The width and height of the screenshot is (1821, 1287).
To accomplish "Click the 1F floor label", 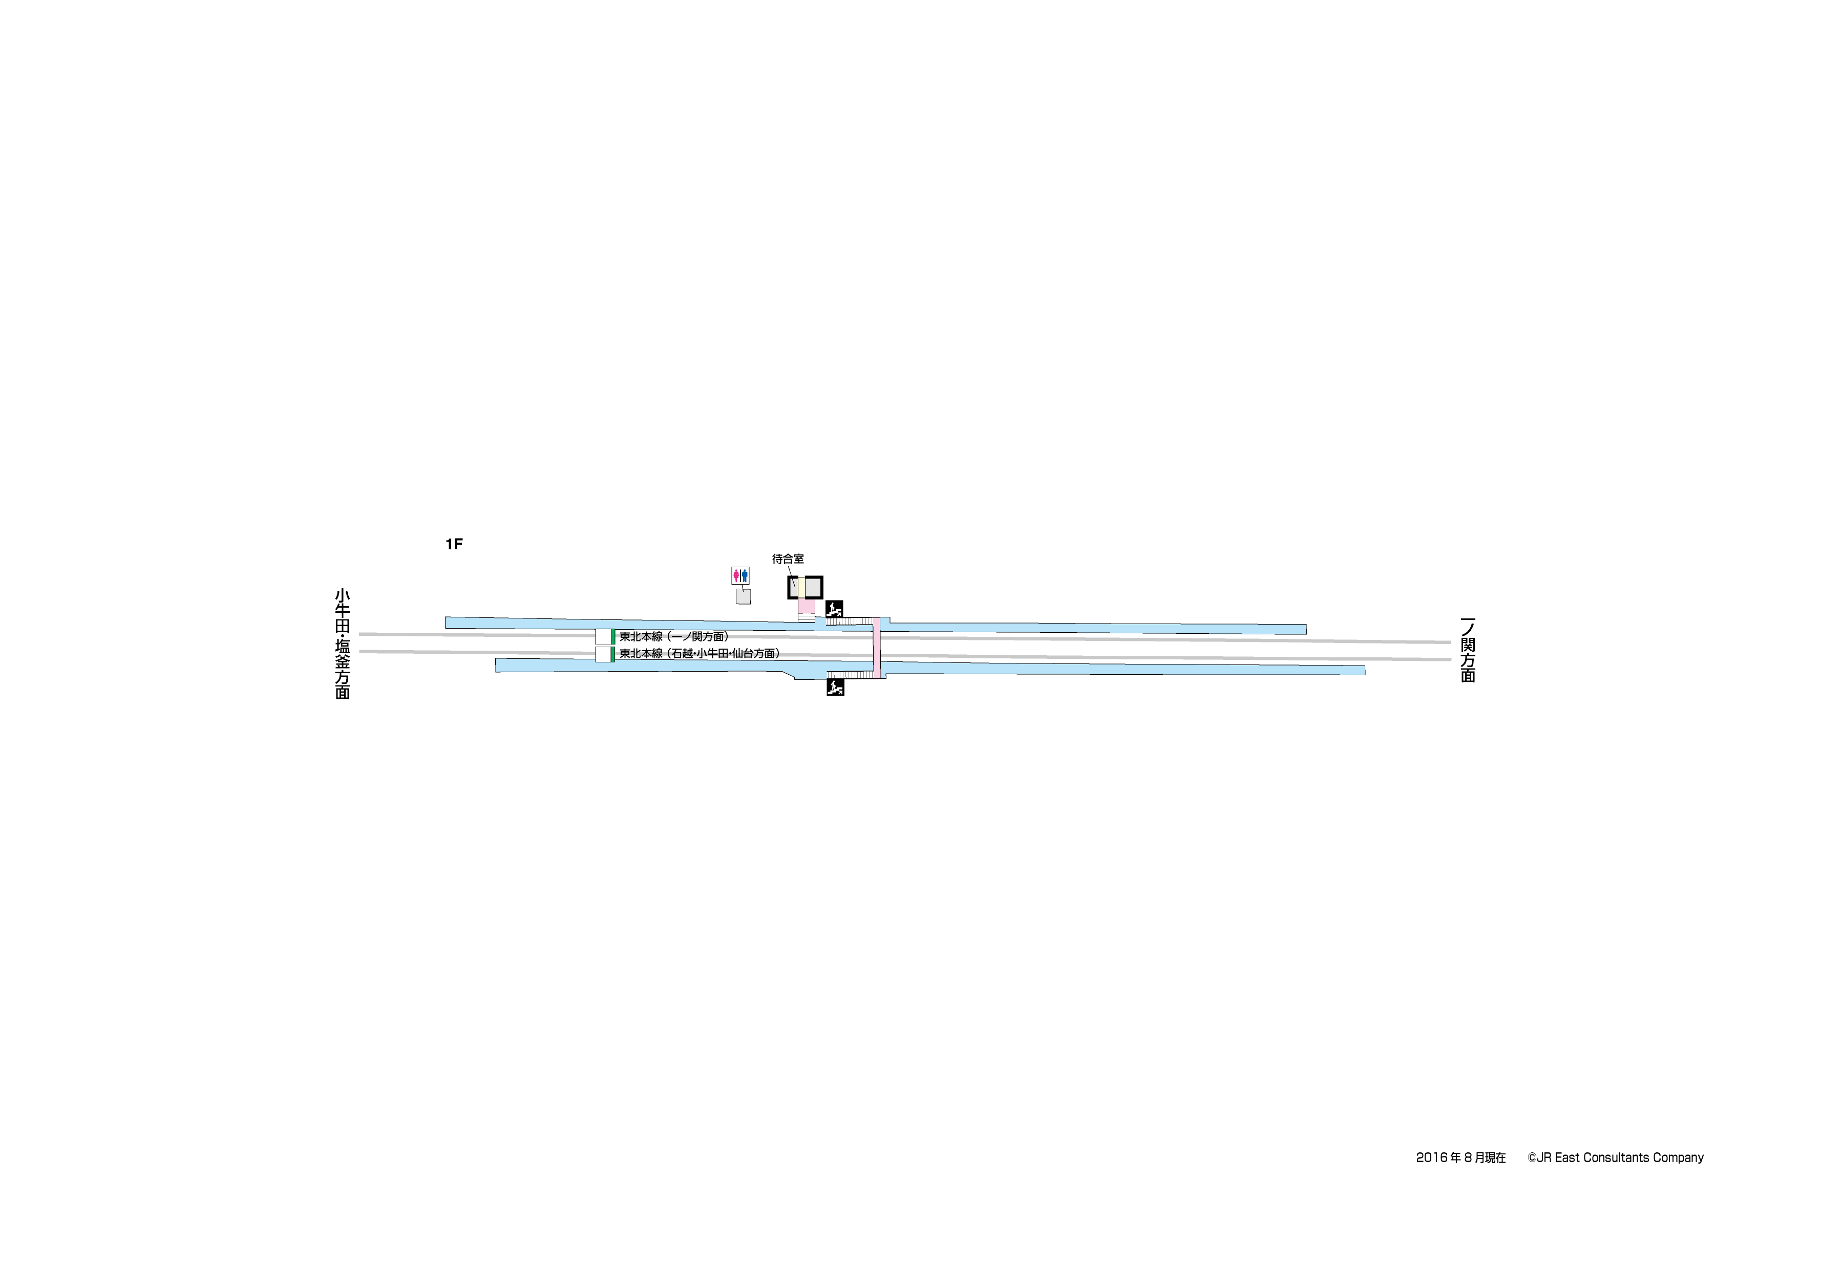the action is coord(454,544).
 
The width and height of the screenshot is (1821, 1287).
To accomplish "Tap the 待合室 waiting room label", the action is coord(788,559).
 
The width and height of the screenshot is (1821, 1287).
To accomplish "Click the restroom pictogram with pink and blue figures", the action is coord(740,575).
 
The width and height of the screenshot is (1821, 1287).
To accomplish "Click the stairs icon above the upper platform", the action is coord(834,609).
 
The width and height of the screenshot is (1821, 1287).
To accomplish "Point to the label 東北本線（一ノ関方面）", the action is coord(674,636).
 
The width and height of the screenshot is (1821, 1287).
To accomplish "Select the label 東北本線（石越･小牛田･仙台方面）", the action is coord(700,653).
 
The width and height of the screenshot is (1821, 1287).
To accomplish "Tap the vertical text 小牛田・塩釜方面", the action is coord(343,644).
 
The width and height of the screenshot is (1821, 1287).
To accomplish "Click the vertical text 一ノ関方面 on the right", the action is coord(1468,650).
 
